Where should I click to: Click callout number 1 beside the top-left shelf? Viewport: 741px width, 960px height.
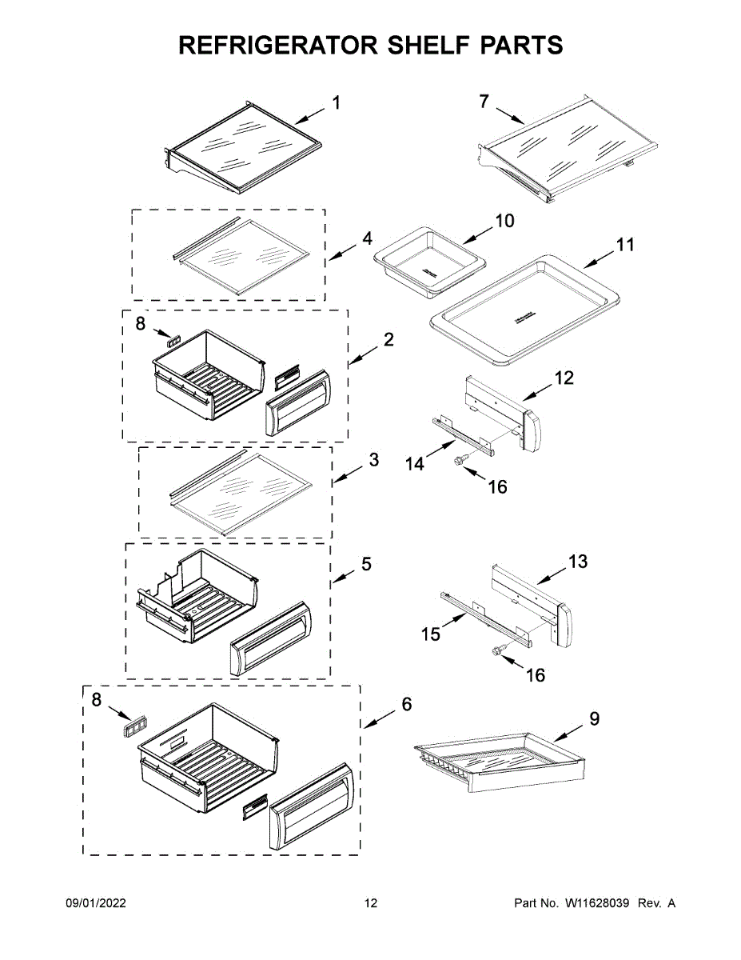click(x=336, y=102)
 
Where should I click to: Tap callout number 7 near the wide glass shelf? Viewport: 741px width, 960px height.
click(x=484, y=102)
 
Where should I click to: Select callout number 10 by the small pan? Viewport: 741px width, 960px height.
click(x=505, y=221)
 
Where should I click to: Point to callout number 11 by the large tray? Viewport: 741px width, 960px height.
click(x=625, y=244)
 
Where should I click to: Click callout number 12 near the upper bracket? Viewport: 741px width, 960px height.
click(x=564, y=378)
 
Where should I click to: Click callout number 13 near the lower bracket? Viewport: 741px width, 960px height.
click(x=578, y=562)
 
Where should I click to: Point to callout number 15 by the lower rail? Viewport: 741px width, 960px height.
click(x=431, y=634)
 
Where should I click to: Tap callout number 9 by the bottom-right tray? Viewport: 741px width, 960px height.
click(x=594, y=718)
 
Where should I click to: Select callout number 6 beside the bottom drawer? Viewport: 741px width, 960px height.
click(x=407, y=704)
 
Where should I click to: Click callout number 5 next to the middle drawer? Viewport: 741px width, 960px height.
click(x=366, y=564)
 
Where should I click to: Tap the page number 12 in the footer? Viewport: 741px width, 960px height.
click(x=370, y=903)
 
